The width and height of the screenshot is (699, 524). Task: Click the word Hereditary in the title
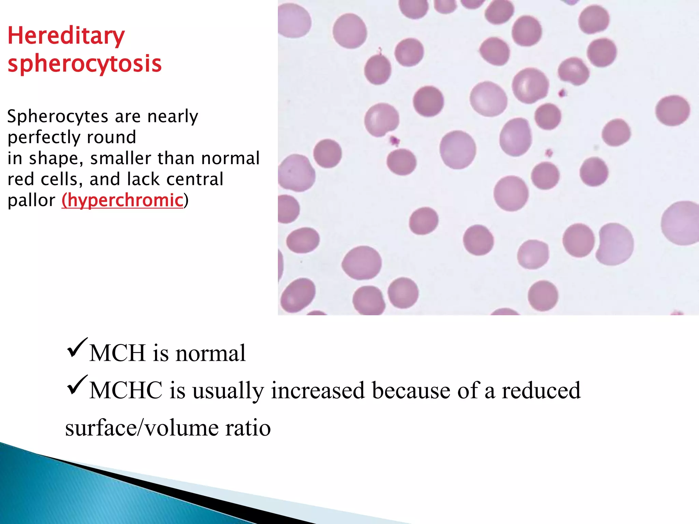tap(66, 36)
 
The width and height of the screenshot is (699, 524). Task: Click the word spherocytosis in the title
tap(84, 64)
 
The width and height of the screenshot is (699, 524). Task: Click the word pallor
tap(31, 200)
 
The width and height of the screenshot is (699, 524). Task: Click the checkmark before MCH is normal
tap(77, 348)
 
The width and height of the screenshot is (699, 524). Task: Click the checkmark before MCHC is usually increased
tap(77, 385)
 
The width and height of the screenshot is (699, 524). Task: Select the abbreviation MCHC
tap(126, 390)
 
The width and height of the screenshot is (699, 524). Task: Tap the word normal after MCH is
tap(211, 353)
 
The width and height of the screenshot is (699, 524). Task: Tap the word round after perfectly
tap(111, 137)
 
